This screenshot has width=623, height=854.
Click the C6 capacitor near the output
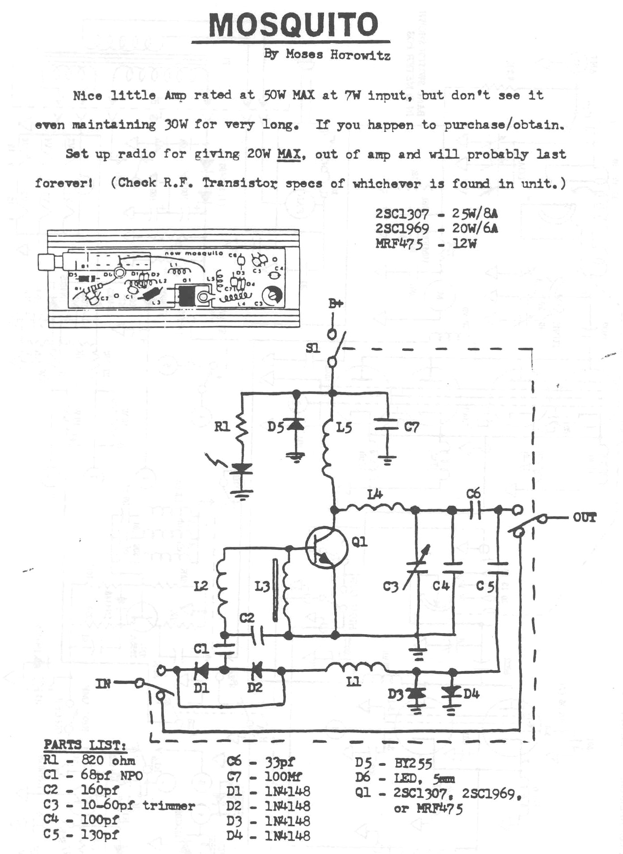tap(475, 510)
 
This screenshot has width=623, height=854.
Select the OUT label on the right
tap(585, 518)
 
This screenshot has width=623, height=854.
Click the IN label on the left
tap(103, 683)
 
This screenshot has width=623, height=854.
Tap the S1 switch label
tap(313, 348)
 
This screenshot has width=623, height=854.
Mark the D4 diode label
tap(472, 694)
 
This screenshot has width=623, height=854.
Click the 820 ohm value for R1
tap(108, 760)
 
